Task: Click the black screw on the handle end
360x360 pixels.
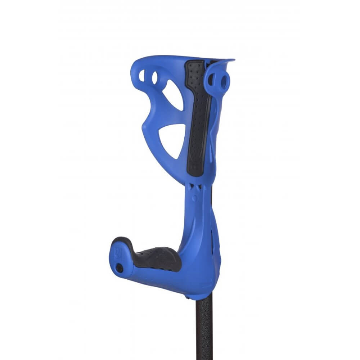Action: point(119,268)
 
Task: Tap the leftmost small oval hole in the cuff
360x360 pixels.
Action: point(142,75)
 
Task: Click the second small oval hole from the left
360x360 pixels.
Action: point(154,77)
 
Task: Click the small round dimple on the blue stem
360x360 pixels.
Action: point(194,198)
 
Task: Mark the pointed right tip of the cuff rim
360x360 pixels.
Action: point(233,60)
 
